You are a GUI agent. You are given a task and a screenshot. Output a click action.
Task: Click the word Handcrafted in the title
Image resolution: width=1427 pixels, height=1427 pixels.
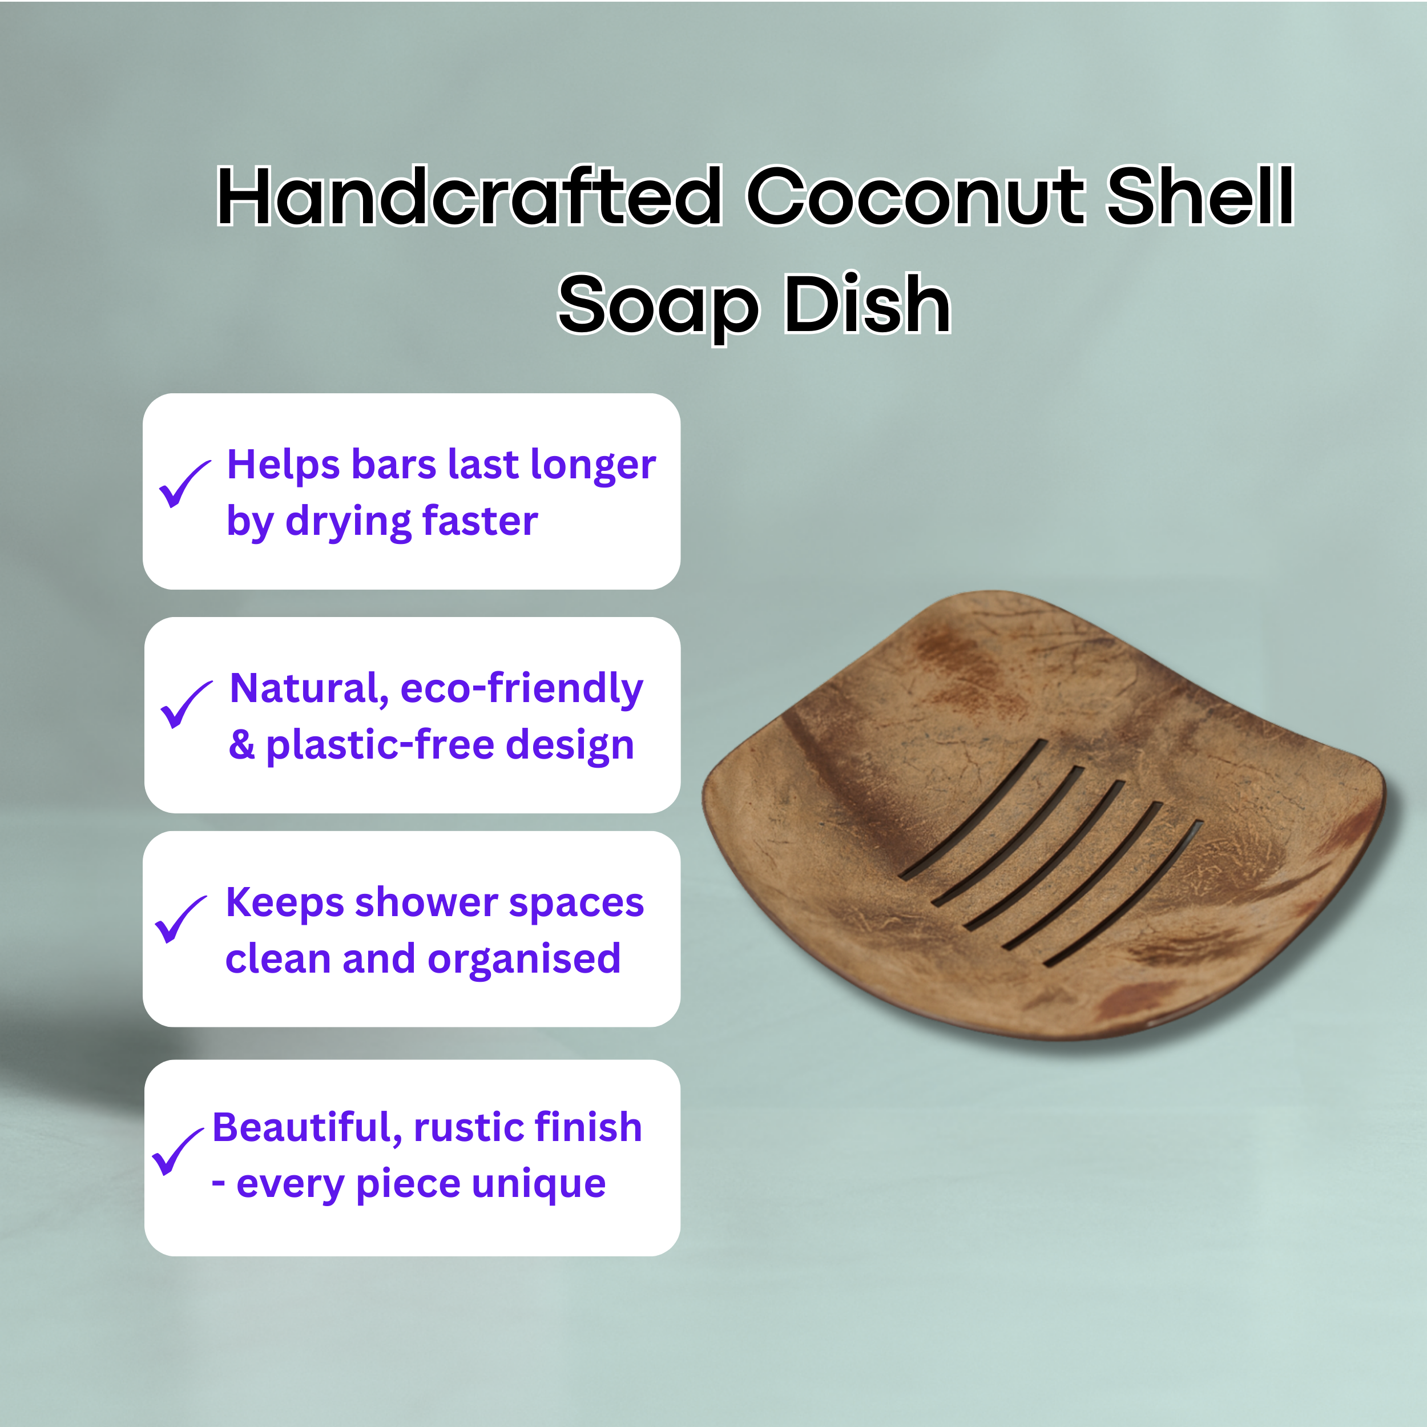[470, 196]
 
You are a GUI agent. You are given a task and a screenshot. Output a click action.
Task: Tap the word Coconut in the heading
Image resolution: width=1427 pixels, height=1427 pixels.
[916, 196]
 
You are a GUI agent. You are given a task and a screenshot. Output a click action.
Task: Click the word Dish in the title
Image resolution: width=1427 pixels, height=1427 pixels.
[867, 304]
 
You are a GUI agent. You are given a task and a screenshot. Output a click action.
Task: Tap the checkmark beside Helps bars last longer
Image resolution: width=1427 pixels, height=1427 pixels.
[184, 484]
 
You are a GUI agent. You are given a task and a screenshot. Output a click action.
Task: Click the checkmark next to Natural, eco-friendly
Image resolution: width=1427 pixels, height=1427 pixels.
[186, 704]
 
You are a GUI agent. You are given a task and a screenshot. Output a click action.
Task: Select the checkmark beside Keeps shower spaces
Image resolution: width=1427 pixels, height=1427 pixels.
[181, 920]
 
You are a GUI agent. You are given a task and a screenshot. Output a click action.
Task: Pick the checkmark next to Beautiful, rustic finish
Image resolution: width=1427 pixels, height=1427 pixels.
[178, 1151]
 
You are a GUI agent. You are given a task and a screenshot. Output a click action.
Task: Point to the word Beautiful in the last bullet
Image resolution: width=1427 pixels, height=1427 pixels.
[307, 1128]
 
